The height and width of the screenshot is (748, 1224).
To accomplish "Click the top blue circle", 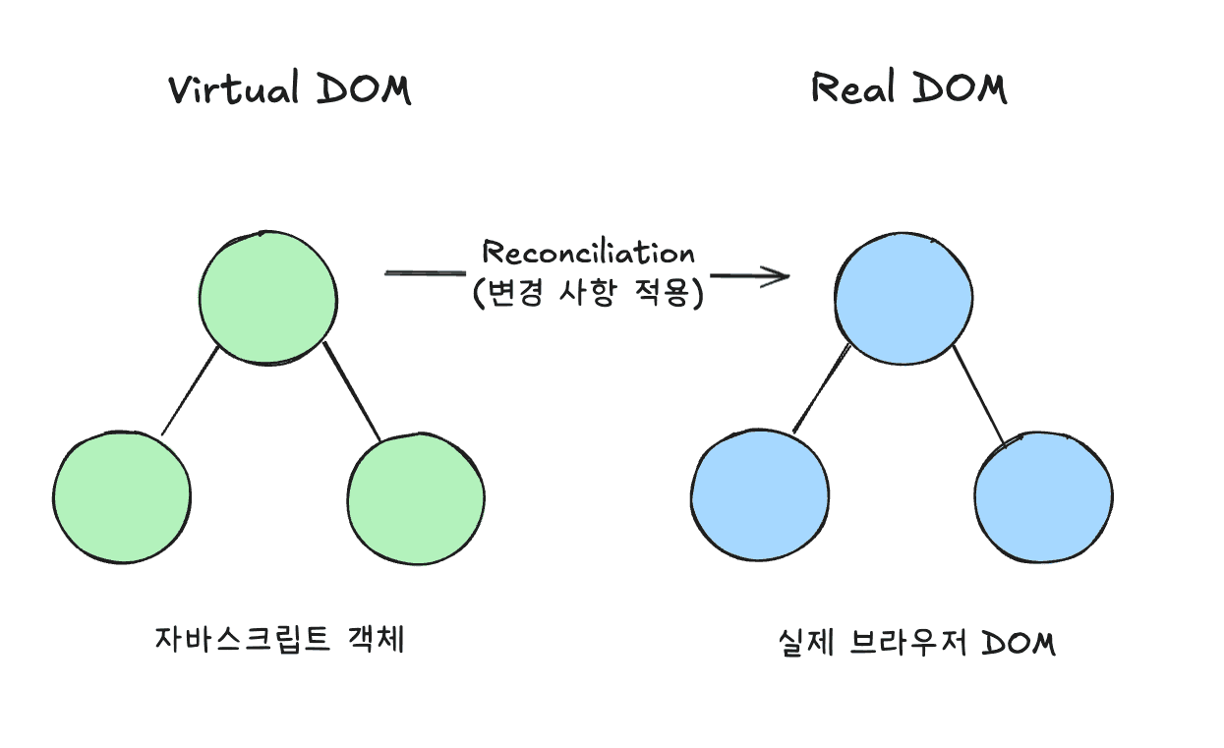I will click(x=903, y=297).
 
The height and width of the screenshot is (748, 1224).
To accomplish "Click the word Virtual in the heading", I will click(x=233, y=89).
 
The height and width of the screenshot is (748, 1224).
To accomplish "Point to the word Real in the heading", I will click(x=852, y=88).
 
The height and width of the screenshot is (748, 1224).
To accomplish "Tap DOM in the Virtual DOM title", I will click(x=364, y=89).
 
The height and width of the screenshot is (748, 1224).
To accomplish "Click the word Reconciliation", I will click(x=588, y=253).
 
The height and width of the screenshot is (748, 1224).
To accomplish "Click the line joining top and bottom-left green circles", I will click(x=190, y=390).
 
